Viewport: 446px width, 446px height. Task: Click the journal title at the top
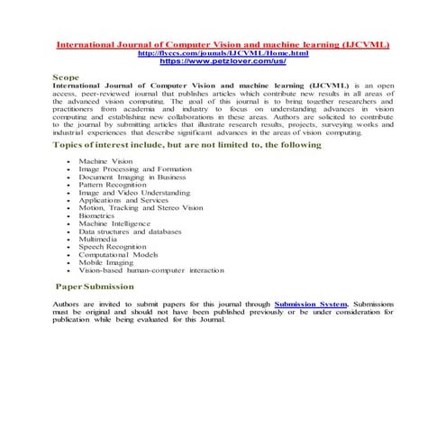click(223, 44)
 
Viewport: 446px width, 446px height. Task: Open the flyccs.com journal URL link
click(222, 53)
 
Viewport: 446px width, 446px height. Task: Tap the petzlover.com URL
click(222, 61)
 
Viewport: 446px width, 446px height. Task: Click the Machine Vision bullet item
click(105, 160)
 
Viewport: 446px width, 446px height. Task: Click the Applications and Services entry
click(123, 200)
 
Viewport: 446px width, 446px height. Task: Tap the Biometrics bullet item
click(96, 216)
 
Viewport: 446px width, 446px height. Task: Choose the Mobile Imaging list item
click(106, 263)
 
